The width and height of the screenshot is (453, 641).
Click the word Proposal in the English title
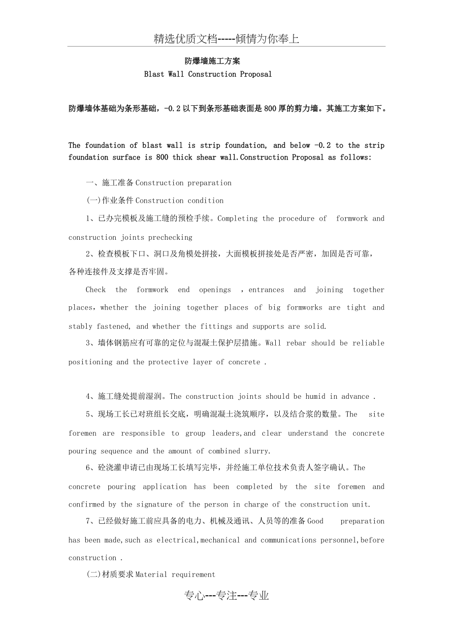(x=256, y=74)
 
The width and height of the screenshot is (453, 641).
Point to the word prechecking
(x=169, y=237)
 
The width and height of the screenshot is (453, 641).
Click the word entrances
(x=266, y=290)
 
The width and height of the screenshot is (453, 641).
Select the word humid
(x=315, y=397)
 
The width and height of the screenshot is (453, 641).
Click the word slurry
(x=259, y=451)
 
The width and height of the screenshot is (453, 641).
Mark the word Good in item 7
(x=315, y=521)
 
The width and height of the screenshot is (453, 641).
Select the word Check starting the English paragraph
(x=96, y=290)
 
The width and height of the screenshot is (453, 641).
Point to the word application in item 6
(x=164, y=486)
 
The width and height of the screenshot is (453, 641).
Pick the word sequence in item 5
(x=115, y=451)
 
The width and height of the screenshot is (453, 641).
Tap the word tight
(x=356, y=308)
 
